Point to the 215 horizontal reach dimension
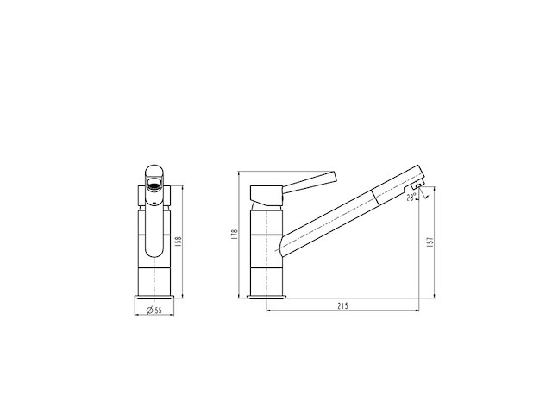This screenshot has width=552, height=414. point(343,306)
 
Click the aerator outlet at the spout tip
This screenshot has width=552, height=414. point(416,185)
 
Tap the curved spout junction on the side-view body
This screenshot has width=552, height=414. point(285,245)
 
